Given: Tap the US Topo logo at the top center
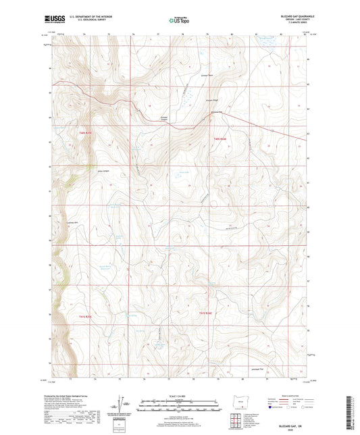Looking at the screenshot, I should pyautogui.click(x=179, y=20).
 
